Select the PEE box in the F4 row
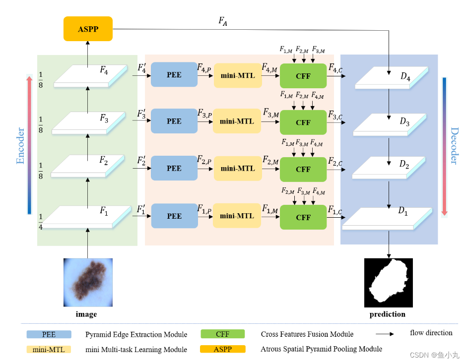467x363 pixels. (x=174, y=75)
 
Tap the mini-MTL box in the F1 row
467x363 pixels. (x=237, y=216)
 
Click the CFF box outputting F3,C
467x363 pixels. (x=303, y=122)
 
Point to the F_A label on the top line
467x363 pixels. (x=223, y=21)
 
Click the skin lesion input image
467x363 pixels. (x=88, y=282)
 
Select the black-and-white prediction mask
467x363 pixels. (x=388, y=283)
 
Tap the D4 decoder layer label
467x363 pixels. (x=405, y=78)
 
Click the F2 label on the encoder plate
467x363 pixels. (x=104, y=161)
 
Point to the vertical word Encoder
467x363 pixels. (x=20, y=146)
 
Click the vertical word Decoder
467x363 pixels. (x=454, y=146)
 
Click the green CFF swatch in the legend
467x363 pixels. (x=223, y=334)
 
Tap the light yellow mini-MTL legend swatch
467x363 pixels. (x=49, y=349)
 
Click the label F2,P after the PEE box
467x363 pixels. (x=204, y=160)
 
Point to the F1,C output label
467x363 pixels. (x=335, y=210)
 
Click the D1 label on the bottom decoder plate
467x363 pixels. (x=403, y=211)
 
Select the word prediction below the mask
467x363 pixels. (x=387, y=314)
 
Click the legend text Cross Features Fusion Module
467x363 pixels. (x=307, y=334)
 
